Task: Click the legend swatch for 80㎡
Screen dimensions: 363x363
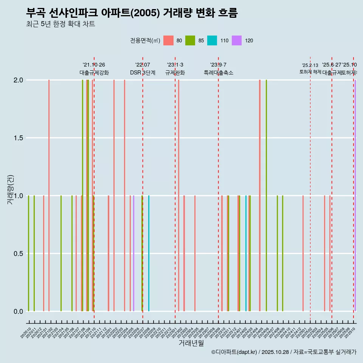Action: click(x=168, y=40)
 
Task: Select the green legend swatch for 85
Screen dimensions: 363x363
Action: click(x=190, y=40)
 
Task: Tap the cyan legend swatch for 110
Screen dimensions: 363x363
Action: click(x=212, y=40)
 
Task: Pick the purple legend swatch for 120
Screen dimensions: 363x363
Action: click(x=237, y=40)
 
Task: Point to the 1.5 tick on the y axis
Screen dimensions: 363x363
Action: click(x=18, y=138)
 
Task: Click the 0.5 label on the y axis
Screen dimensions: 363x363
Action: click(x=18, y=254)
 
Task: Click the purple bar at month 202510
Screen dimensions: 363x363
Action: click(x=355, y=195)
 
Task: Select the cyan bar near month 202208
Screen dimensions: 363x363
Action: click(x=149, y=253)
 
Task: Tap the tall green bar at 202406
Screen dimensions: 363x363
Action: click(x=266, y=195)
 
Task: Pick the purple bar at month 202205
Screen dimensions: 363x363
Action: click(x=133, y=253)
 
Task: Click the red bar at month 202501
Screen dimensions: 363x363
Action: click(x=303, y=253)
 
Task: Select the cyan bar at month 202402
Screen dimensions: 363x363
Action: click(x=246, y=253)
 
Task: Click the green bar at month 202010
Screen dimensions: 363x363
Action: click(x=28, y=253)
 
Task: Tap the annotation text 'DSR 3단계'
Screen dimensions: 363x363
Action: click(x=143, y=73)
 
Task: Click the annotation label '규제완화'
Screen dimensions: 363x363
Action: click(x=175, y=73)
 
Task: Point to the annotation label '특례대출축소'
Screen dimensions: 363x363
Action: click(x=218, y=73)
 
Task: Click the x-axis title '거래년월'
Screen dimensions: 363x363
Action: click(x=191, y=343)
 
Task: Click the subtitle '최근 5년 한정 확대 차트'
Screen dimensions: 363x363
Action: click(x=60, y=24)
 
